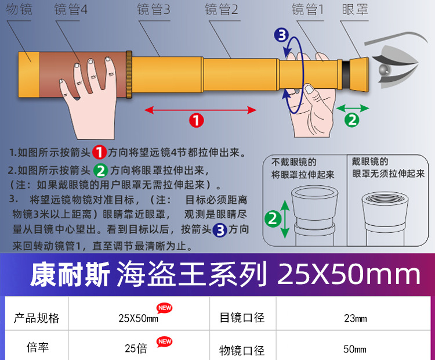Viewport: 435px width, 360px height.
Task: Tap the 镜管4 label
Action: click(71, 10)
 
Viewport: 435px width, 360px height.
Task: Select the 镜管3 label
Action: click(154, 10)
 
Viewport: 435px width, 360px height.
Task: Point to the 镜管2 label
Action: click(222, 10)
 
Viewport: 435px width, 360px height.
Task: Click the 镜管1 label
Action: click(307, 10)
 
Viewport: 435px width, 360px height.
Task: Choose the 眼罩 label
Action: click(355, 10)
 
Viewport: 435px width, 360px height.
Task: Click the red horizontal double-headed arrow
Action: click(200, 109)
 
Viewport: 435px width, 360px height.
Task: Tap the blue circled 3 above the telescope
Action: click(281, 35)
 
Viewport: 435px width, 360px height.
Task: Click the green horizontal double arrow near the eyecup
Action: click(352, 108)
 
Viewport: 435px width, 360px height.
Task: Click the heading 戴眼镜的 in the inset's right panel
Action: click(369, 162)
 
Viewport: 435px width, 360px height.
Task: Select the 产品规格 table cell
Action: click(37, 318)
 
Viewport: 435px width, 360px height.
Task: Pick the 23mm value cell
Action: click(355, 318)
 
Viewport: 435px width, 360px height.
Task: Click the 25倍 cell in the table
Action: click(136, 348)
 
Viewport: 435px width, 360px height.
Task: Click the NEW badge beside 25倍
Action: click(165, 341)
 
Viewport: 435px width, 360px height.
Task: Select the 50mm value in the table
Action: click(355, 349)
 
